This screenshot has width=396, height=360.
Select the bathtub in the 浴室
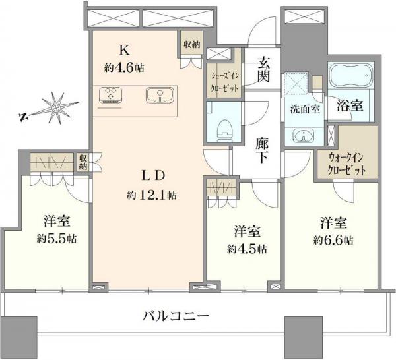pos(350,80)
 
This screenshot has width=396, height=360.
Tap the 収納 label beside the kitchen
pos(191,45)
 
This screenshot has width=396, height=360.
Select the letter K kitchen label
pos(123,49)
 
